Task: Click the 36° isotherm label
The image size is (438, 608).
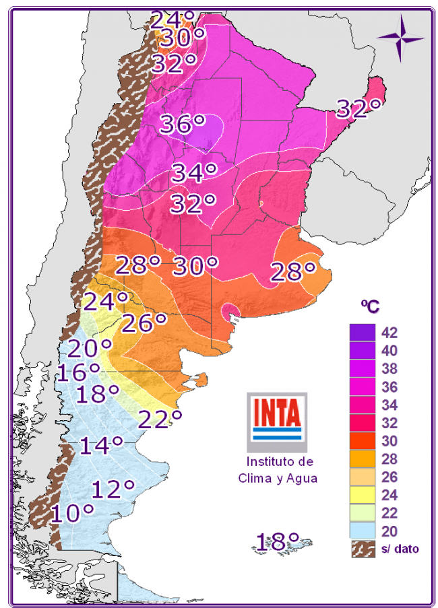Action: [181, 125]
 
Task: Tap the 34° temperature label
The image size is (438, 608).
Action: [194, 173]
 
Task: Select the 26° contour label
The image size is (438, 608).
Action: [144, 323]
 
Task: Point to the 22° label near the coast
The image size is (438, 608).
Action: [160, 419]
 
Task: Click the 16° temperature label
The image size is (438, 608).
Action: [78, 372]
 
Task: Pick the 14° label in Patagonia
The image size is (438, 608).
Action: [101, 445]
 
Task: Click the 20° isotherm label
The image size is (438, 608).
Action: [90, 348]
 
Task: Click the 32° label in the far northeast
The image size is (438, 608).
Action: [359, 108]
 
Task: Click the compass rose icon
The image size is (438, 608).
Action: [401, 36]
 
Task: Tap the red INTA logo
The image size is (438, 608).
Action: [276, 415]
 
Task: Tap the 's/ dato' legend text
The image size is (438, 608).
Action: [398, 549]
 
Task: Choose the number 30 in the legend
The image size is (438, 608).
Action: [389, 441]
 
